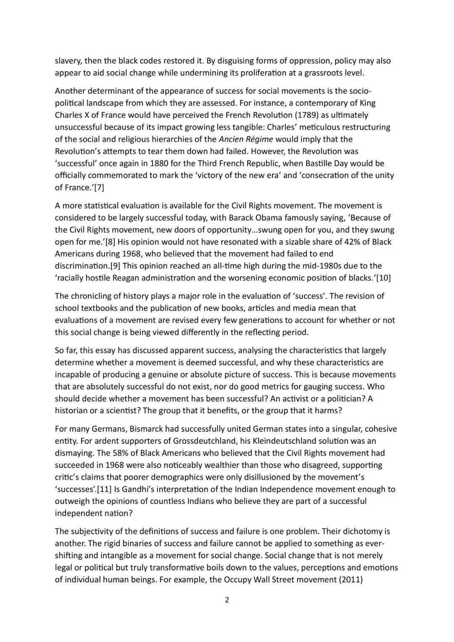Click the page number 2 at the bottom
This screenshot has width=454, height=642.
click(x=227, y=600)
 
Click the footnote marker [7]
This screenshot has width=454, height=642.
click(x=98, y=188)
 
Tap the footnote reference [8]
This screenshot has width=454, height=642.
click(x=110, y=242)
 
